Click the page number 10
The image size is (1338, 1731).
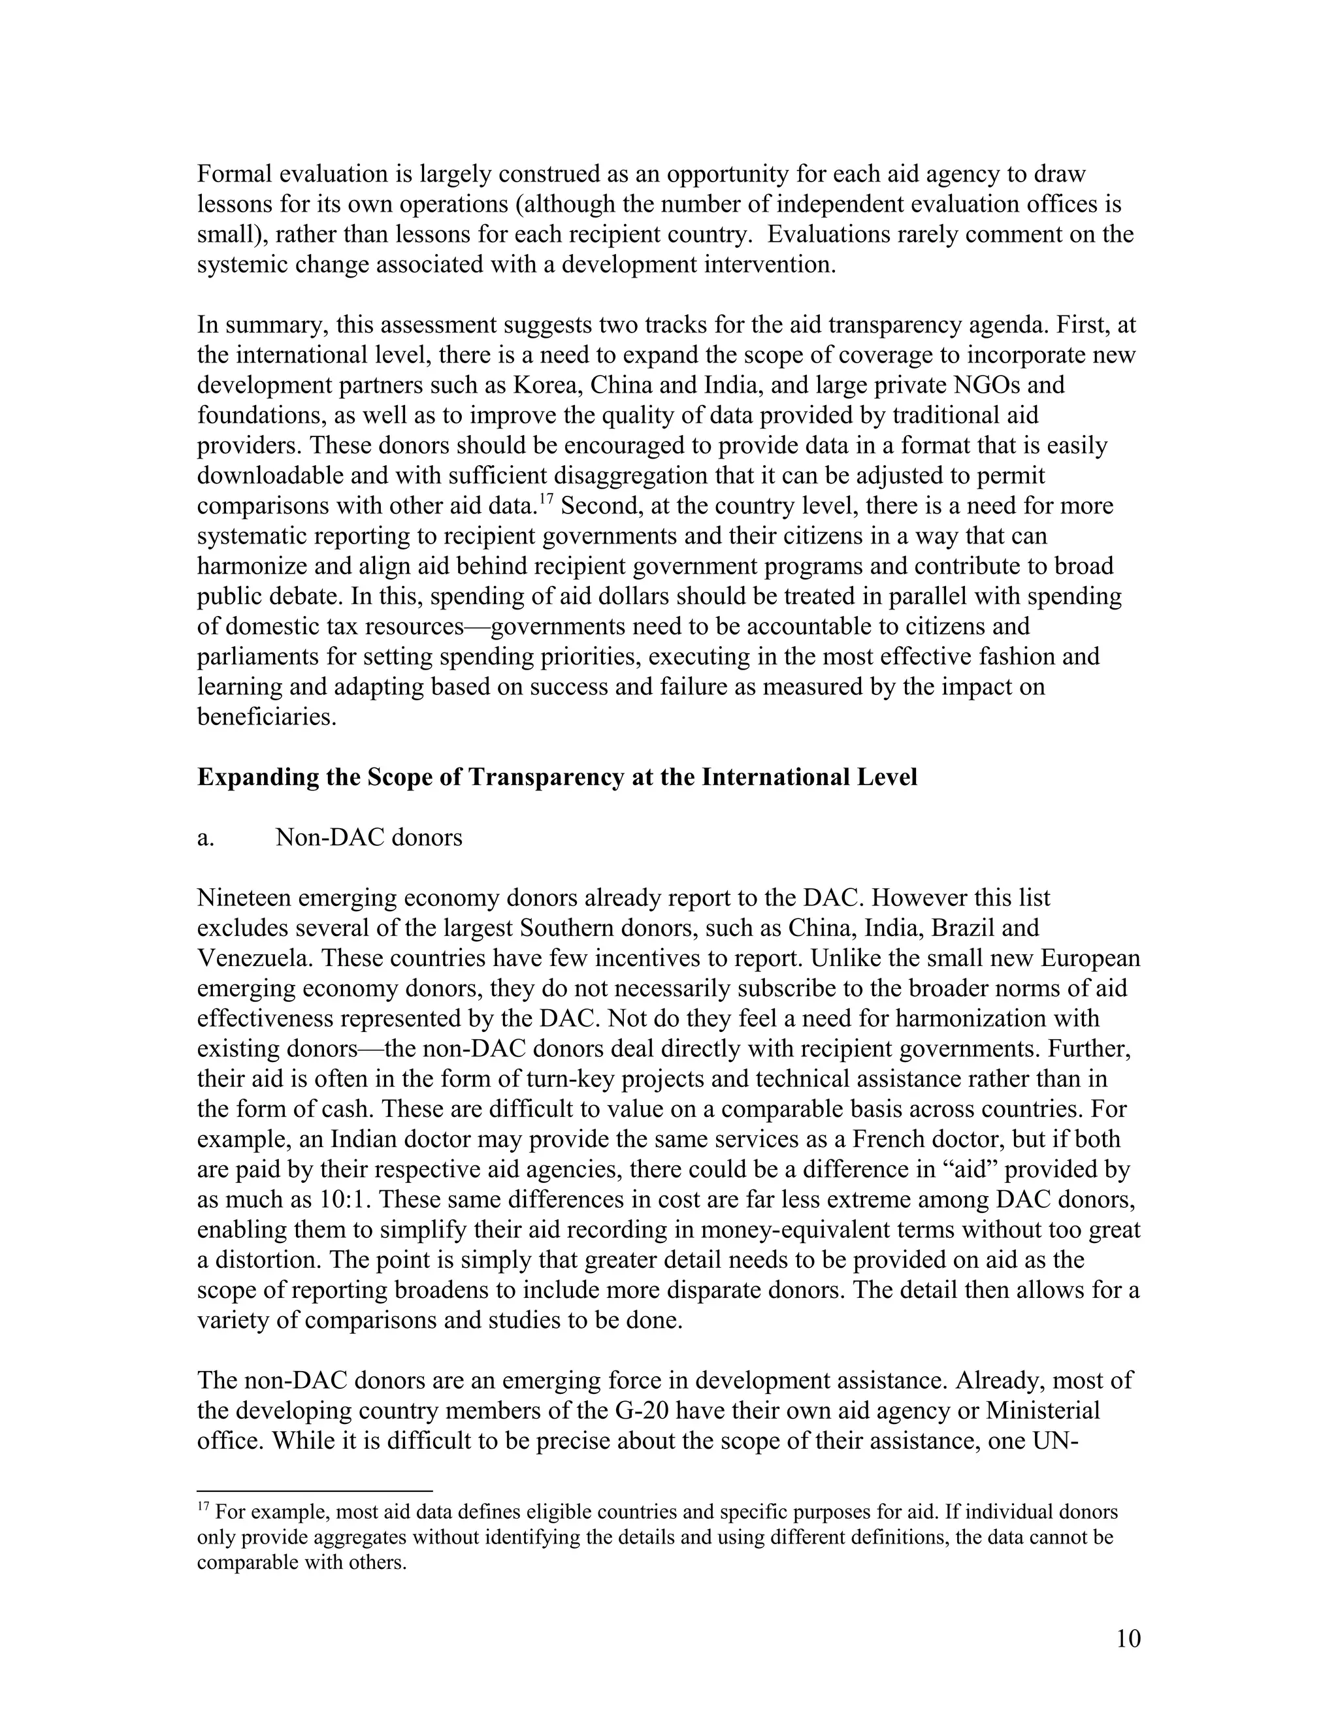(1128, 1638)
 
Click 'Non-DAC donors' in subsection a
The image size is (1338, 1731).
(368, 838)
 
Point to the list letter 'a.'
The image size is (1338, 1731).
(205, 838)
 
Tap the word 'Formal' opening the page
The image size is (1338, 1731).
(234, 174)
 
